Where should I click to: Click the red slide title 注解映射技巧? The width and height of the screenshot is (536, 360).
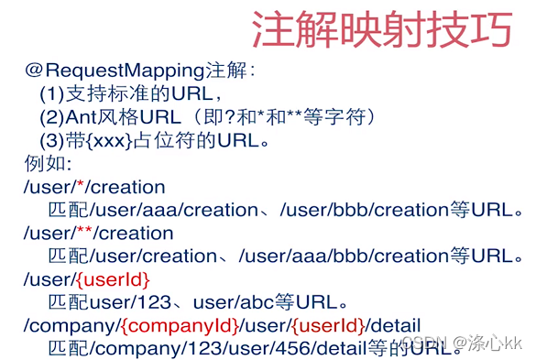point(381,30)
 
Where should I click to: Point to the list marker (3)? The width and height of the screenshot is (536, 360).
point(51,141)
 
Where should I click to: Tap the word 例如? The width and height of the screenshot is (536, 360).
point(42,164)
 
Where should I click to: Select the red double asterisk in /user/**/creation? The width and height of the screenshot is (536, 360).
point(84,233)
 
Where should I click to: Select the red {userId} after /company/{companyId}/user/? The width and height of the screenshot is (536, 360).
point(328,325)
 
